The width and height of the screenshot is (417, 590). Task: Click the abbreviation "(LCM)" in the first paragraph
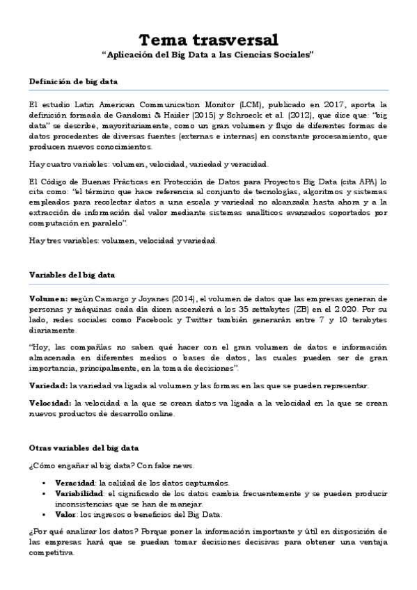(x=230, y=106)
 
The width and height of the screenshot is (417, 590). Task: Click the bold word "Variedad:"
(x=48, y=385)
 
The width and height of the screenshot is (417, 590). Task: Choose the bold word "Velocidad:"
(x=50, y=403)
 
